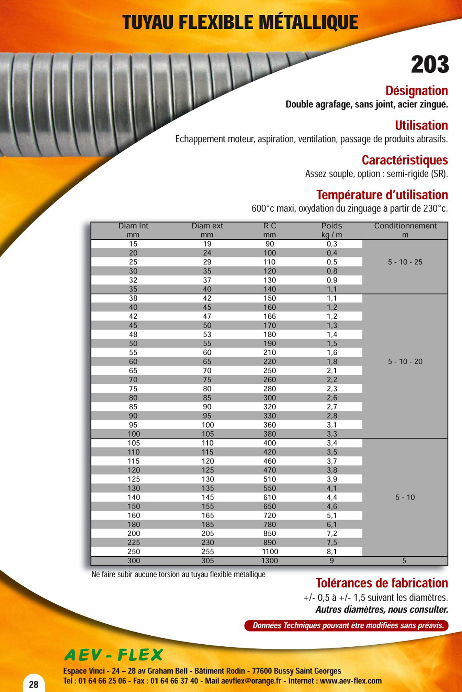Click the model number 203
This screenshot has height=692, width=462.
click(429, 65)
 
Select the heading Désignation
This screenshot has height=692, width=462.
click(416, 91)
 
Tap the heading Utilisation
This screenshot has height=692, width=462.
click(421, 125)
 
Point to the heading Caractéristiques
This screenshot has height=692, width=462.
click(404, 160)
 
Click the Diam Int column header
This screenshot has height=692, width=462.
click(133, 230)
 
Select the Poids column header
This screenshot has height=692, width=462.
click(332, 230)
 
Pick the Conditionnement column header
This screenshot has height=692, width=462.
click(405, 230)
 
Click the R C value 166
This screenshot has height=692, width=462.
click(269, 316)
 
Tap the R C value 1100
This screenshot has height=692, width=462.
click(269, 551)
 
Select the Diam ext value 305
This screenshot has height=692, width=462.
click(207, 560)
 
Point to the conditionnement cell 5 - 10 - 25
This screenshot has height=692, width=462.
click(405, 262)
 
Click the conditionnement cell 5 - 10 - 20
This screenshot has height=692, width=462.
click(405, 361)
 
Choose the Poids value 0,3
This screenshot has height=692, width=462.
click(332, 244)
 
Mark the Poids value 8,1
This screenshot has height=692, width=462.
click(332, 551)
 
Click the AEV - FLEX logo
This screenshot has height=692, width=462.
click(114, 655)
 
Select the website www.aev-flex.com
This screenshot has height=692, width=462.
click(351, 681)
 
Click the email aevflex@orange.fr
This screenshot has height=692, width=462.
click(251, 681)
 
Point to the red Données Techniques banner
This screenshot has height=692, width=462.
click(346, 625)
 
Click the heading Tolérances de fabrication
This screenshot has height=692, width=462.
click(381, 583)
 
